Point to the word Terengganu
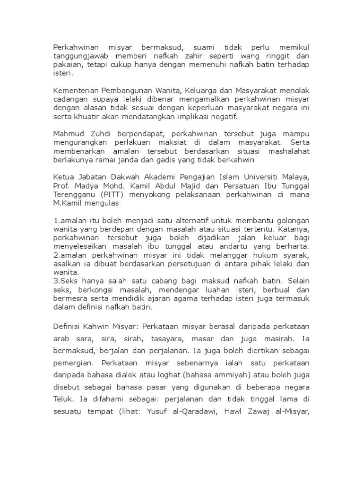point(73,195)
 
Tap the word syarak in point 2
point(295,256)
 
